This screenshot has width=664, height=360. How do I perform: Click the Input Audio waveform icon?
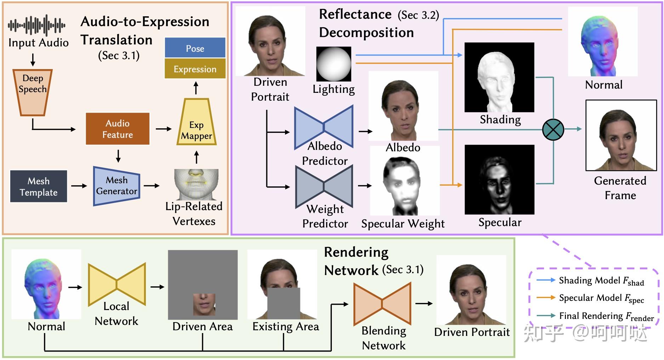click(x=37, y=26)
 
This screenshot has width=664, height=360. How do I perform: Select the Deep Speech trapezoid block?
click(x=33, y=92)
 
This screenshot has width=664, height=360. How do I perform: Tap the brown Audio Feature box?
click(x=118, y=129)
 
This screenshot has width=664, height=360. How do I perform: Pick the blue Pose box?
click(x=195, y=48)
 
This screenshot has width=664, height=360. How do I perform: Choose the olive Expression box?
click(x=195, y=69)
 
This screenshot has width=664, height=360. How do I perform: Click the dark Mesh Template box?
click(x=39, y=186)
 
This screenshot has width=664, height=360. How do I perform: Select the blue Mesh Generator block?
click(x=117, y=186)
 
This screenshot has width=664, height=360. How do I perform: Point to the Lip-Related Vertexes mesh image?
click(x=196, y=184)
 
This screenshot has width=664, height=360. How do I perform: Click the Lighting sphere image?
click(x=334, y=64)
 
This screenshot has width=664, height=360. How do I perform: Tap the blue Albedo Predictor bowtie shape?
click(x=324, y=127)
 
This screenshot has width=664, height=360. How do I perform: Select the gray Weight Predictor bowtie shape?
click(x=324, y=186)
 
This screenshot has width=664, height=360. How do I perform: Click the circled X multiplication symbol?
click(x=553, y=129)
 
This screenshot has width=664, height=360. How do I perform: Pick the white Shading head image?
click(x=499, y=78)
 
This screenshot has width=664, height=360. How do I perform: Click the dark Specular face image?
click(x=499, y=180)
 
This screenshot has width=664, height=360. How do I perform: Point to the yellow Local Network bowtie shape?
click(x=117, y=284)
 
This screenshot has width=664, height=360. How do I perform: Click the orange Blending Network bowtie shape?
click(x=382, y=304)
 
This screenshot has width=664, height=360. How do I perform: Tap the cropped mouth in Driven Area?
click(x=204, y=304)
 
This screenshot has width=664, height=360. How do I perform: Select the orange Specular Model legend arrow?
click(x=546, y=298)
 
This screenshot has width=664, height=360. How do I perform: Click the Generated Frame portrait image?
click(x=621, y=135)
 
